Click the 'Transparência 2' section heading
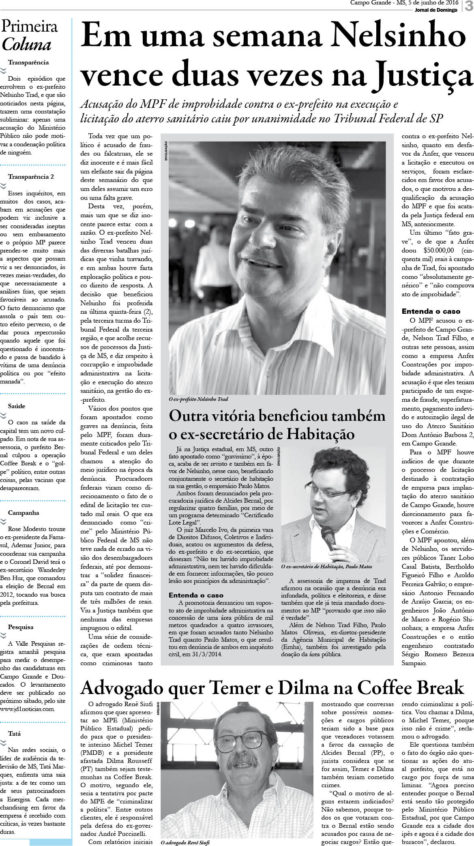pyautogui.click(x=31, y=177)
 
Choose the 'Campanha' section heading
pyautogui.click(x=24, y=512)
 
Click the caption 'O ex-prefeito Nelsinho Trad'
pyautogui.click(x=198, y=399)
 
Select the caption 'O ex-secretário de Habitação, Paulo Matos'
pyautogui.click(x=326, y=566)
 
